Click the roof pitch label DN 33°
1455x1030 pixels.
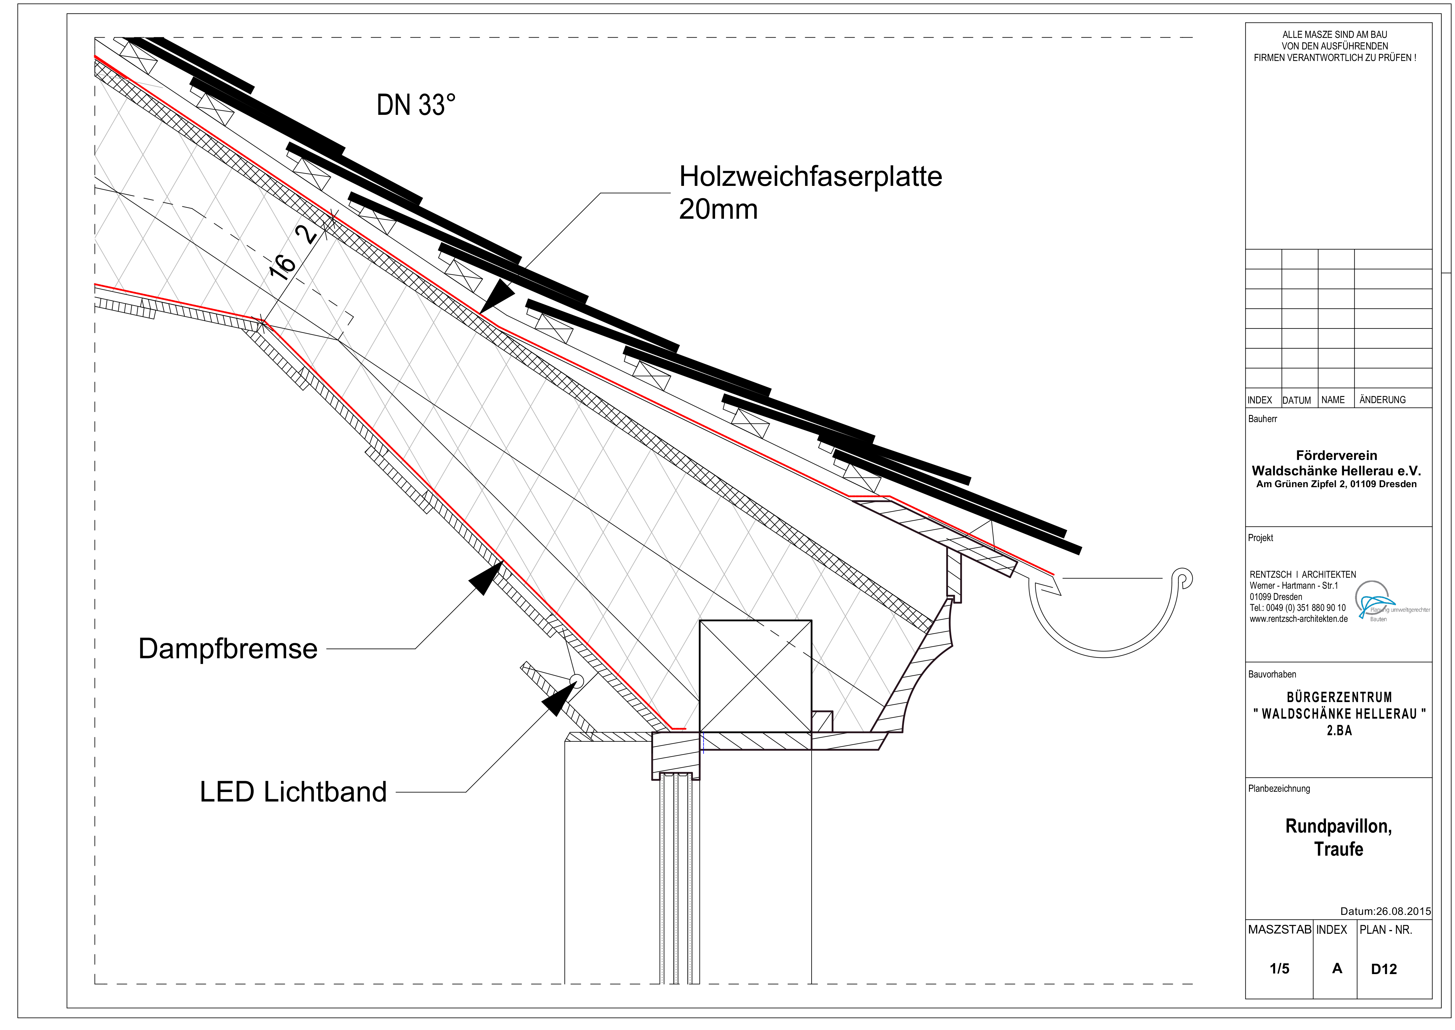416,105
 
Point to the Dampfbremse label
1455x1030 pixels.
228,649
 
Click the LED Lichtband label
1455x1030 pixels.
293,792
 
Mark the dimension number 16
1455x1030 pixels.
283,267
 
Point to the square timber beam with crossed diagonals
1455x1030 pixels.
755,676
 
